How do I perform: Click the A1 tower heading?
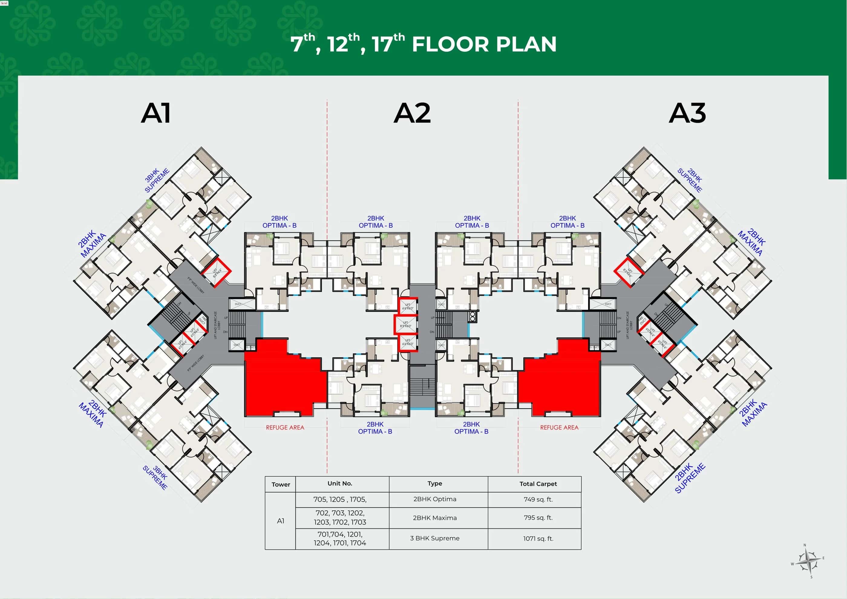156,113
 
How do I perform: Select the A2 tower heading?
412,113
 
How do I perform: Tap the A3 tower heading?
687,113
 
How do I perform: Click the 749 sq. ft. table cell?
538,499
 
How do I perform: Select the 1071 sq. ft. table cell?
538,538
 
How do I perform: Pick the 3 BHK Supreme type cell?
435,538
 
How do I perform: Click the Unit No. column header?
340,483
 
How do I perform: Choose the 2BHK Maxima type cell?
435,518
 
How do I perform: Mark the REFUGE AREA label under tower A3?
559,427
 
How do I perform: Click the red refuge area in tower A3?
561,384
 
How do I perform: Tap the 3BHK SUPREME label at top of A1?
156,180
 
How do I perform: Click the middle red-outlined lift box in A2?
405,324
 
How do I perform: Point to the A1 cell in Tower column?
280,521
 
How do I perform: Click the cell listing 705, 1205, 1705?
340,499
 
